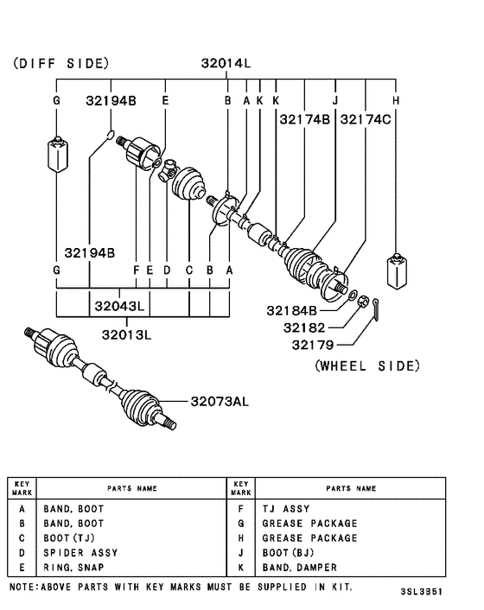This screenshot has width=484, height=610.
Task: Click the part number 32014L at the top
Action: point(226,63)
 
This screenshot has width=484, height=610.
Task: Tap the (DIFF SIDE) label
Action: point(60,63)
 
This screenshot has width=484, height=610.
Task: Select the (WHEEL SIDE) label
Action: point(366,365)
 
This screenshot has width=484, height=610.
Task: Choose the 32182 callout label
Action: point(298,328)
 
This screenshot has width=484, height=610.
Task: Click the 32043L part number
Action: point(119,305)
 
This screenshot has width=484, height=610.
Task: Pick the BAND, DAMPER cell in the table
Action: point(299,567)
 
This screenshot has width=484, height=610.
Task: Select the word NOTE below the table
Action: point(21,585)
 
